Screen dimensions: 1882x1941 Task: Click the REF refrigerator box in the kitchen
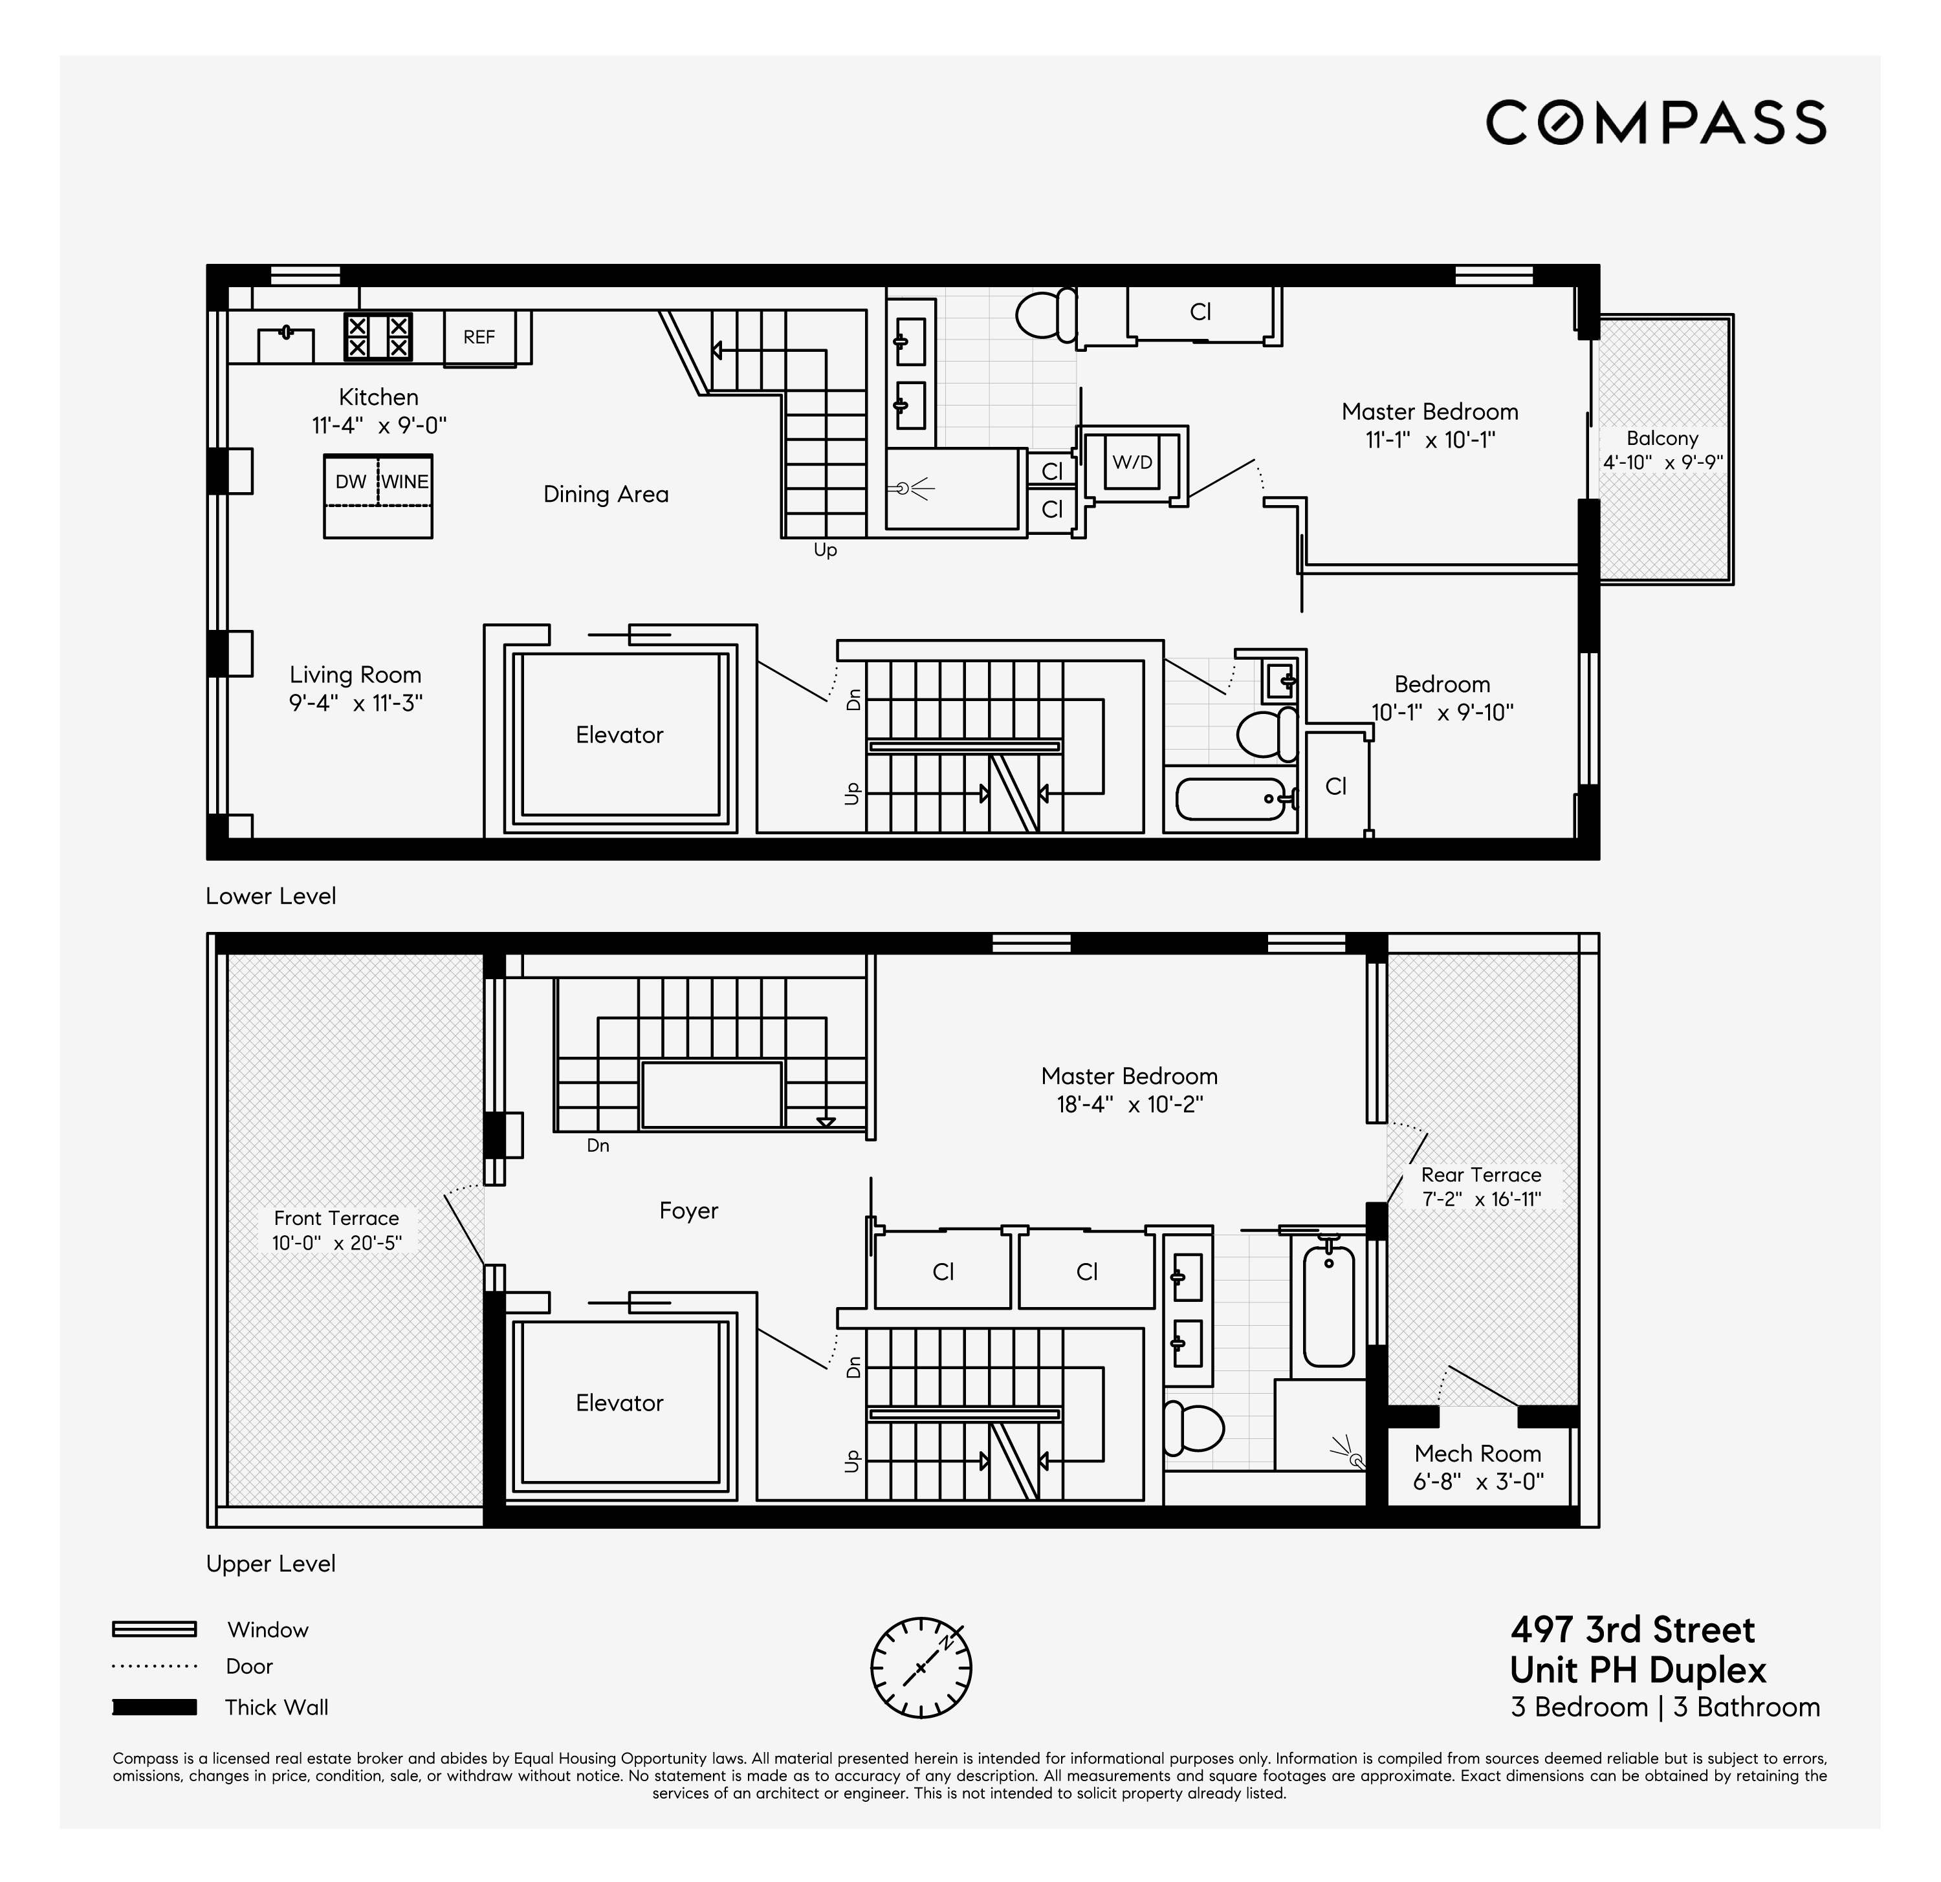coord(479,338)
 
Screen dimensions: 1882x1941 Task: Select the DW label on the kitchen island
coord(351,482)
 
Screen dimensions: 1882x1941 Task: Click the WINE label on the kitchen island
coord(405,482)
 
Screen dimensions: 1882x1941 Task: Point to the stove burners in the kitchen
coord(377,336)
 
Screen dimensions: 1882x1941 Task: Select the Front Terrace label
coord(336,1218)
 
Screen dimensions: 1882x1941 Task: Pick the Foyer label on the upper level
coord(688,1211)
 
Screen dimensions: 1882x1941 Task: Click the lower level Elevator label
coord(619,735)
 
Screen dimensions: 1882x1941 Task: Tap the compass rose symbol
coord(921,1668)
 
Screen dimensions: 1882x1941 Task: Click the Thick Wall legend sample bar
coord(155,1707)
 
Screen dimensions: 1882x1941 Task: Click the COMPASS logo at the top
coord(1656,123)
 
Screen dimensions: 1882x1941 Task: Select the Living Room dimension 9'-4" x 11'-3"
coord(355,704)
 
